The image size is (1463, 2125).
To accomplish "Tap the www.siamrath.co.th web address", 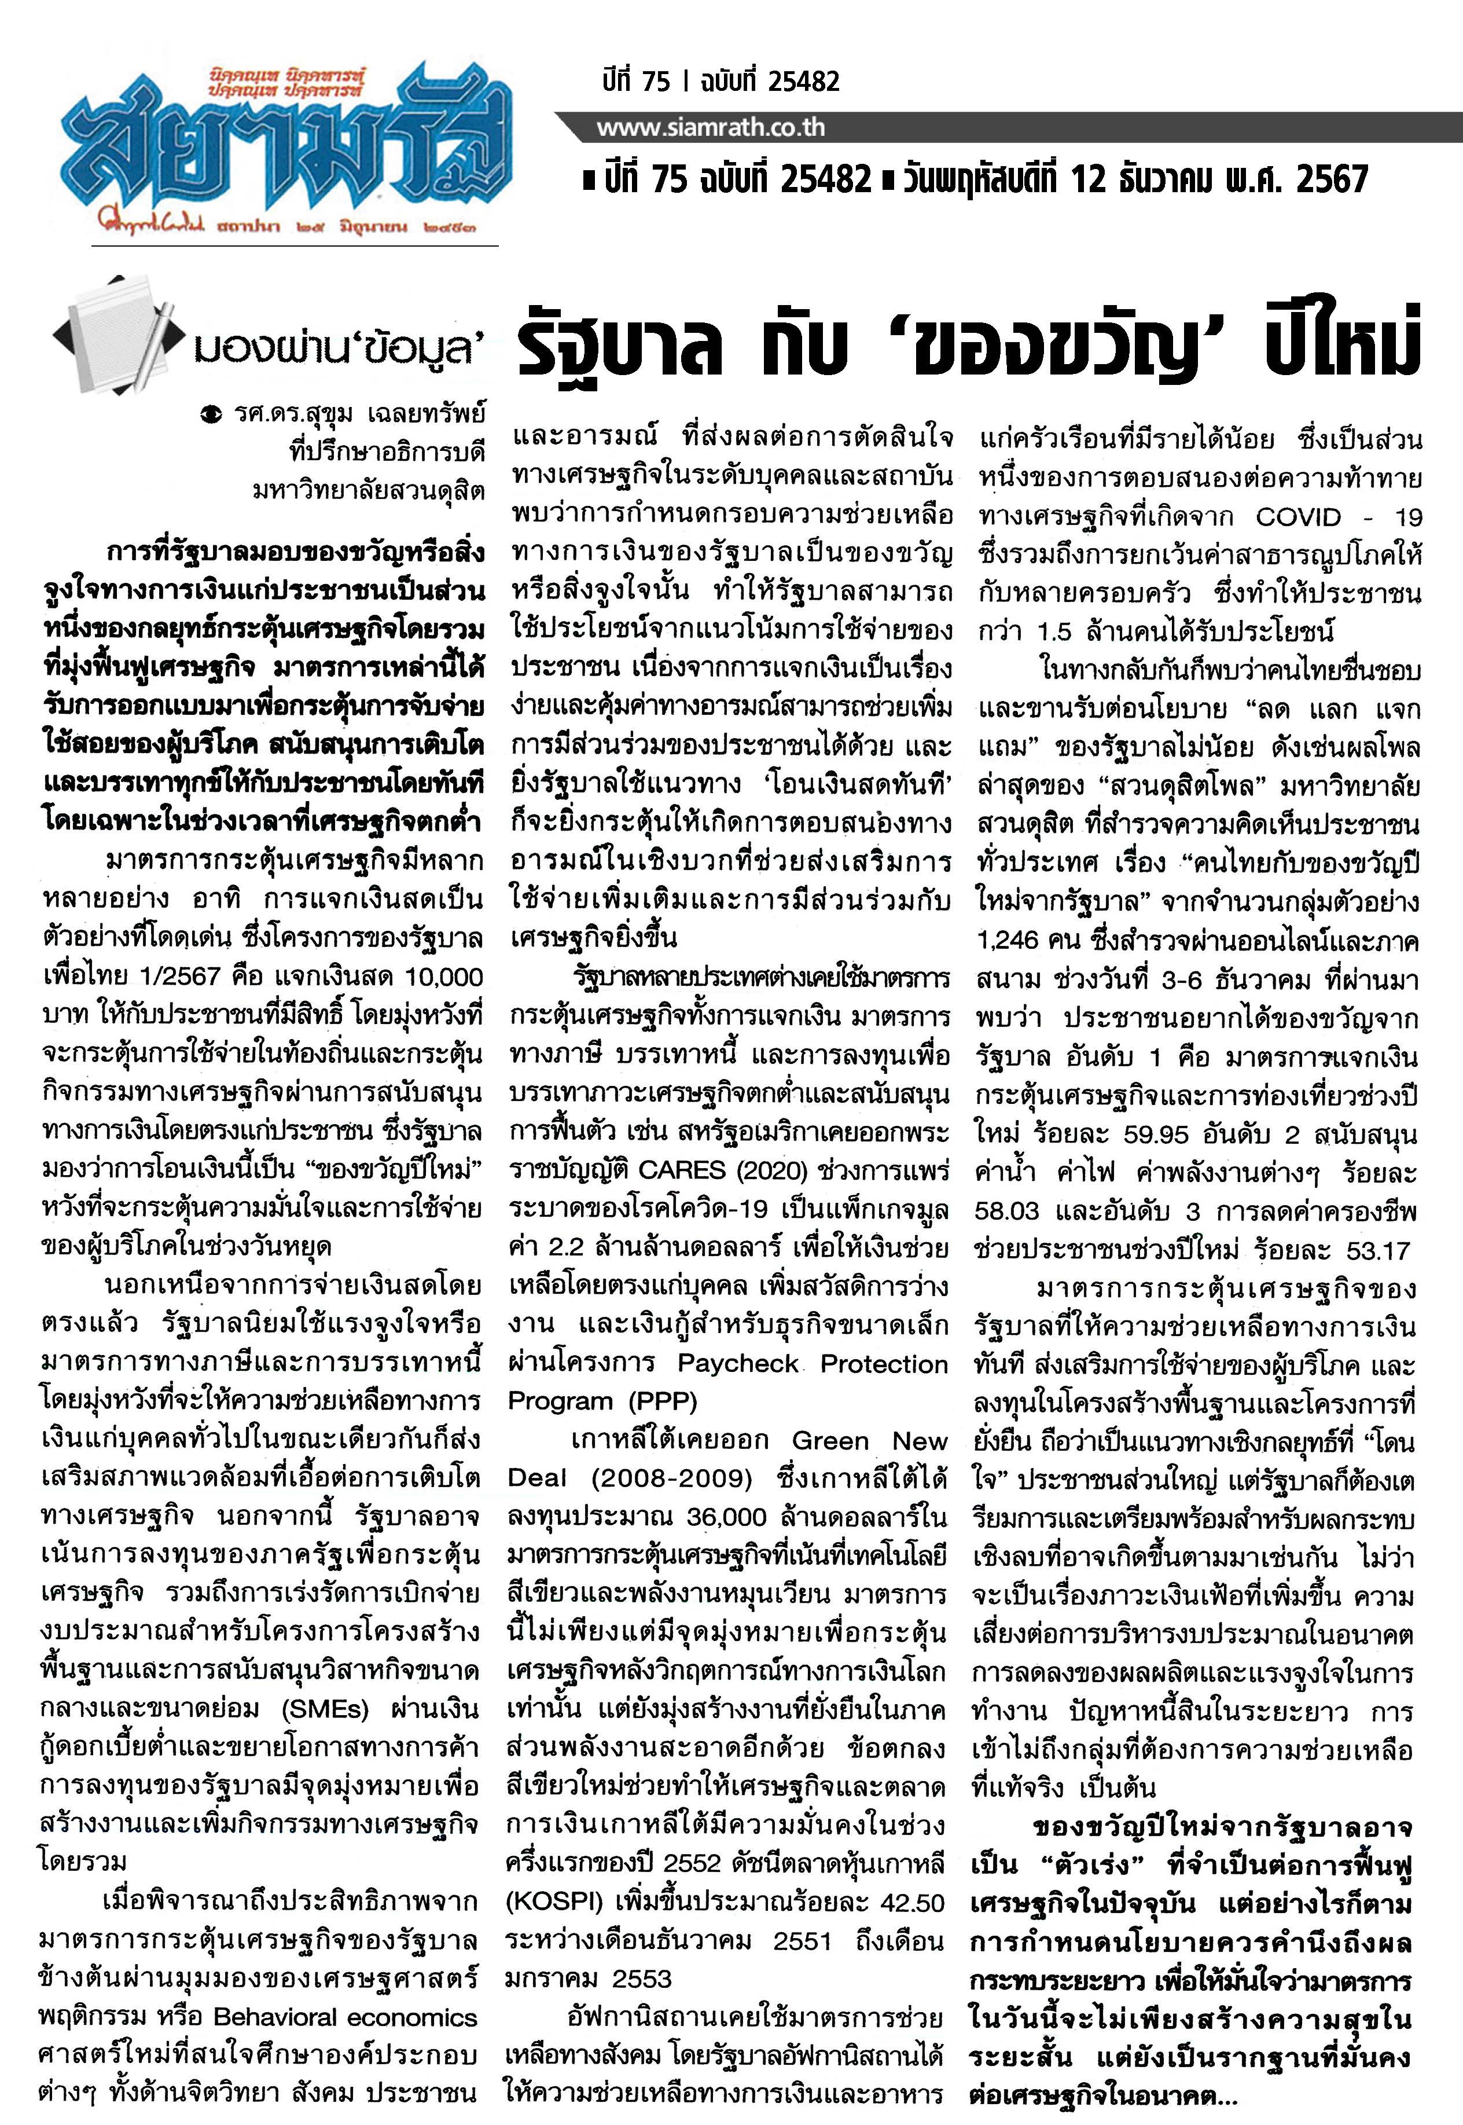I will tap(711, 127).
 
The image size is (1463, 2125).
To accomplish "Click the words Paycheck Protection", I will tap(812, 1364).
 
